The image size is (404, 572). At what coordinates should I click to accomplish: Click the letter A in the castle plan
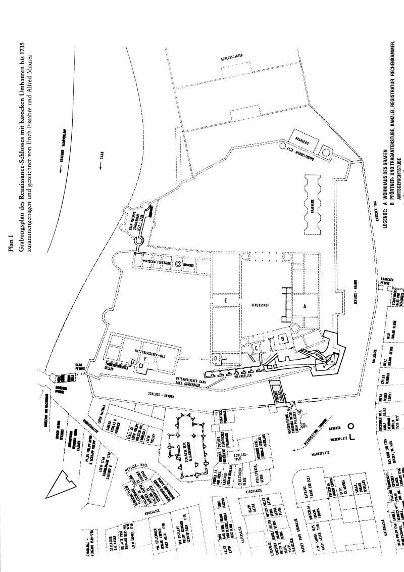tap(305, 306)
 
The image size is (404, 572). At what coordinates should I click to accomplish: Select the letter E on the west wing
tap(226, 300)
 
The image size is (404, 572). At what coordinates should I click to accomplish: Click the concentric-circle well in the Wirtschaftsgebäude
tap(179, 264)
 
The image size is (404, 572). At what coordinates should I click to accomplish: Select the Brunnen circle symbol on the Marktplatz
tap(349, 425)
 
